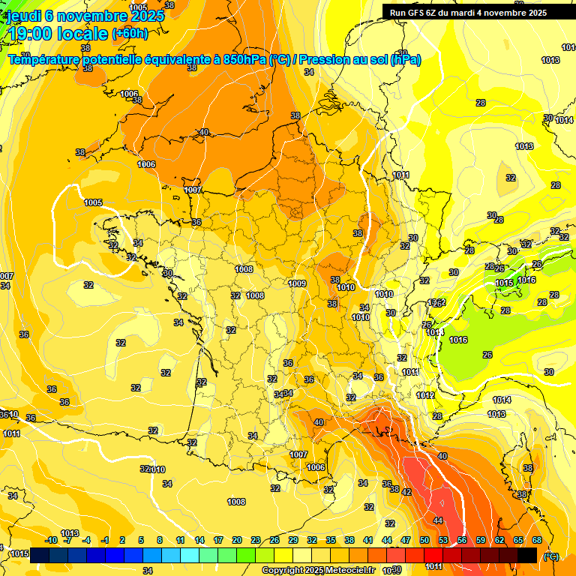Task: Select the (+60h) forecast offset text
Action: click(x=130, y=34)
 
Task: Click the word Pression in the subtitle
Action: click(x=337, y=60)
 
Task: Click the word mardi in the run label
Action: click(x=476, y=13)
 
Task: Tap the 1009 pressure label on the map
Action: click(x=297, y=283)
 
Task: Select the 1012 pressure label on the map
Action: click(x=425, y=395)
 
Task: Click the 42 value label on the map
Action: click(x=406, y=492)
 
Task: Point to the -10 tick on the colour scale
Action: click(x=52, y=540)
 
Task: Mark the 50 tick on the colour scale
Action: click(x=424, y=540)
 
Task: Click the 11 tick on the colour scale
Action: click(x=181, y=540)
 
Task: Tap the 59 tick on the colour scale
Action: click(x=481, y=540)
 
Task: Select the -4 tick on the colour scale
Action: click(x=86, y=540)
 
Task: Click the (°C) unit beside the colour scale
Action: click(x=551, y=556)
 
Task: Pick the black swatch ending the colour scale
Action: click(x=527, y=555)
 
